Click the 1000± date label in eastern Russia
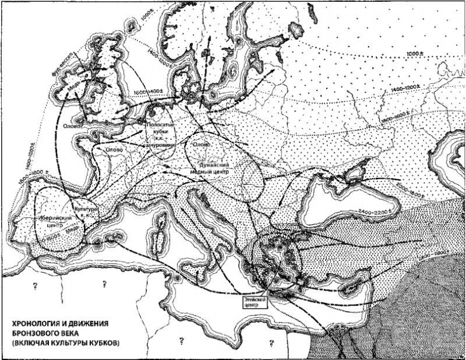(x=416, y=55)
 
